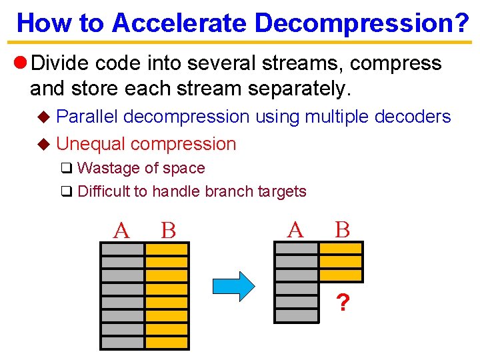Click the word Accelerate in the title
(179, 23)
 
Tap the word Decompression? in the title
(362, 23)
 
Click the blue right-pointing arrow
(233, 286)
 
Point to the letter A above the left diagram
(121, 231)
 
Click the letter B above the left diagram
(168, 231)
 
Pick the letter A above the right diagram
(295, 230)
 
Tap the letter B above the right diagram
(342, 230)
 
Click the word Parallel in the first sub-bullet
(87, 117)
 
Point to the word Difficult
(103, 192)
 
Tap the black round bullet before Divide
(19, 63)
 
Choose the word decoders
(413, 117)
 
